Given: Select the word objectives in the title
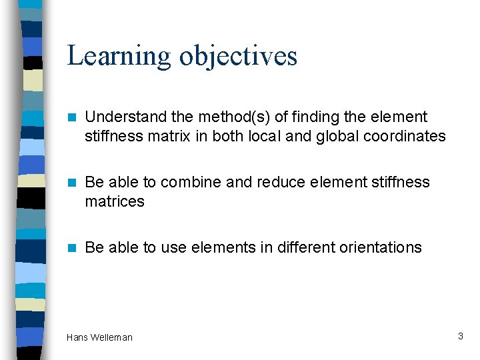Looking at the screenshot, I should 238,56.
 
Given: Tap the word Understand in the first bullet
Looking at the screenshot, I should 126,117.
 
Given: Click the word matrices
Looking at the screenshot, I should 114,201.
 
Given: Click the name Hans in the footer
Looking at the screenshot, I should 77,338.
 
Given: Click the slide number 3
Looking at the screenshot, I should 460,337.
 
